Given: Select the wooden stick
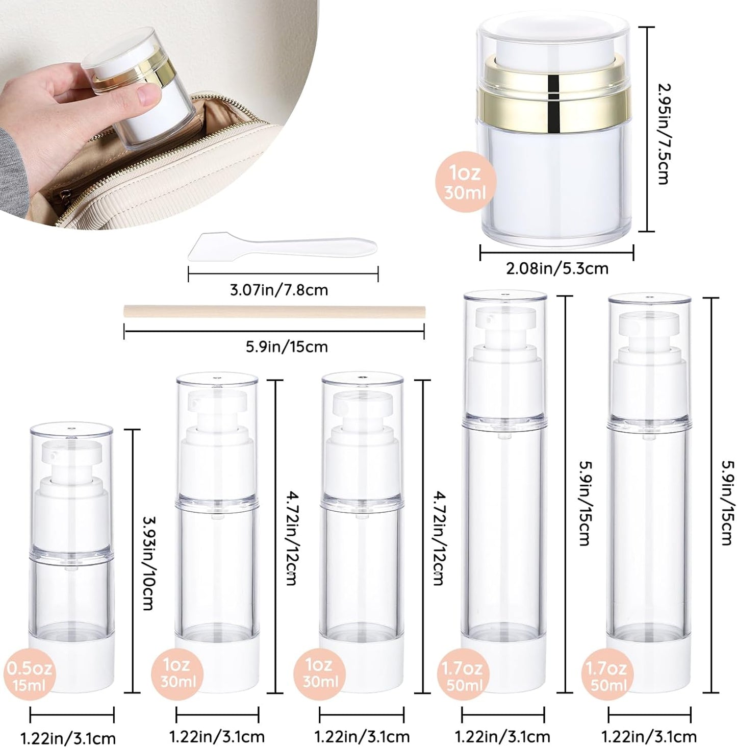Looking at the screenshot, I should coord(274,311).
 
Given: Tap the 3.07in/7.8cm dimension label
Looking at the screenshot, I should coord(278,290).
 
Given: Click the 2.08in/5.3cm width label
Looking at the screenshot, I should coord(557,268).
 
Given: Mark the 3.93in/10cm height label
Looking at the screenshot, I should coord(147,563).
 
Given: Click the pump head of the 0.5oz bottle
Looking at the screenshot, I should coord(71,455).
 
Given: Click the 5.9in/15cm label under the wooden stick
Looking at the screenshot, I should coord(287,347).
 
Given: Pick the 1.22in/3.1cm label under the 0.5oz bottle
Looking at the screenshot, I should coord(68,738).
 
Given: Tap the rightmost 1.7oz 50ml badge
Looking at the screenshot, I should coord(606,676).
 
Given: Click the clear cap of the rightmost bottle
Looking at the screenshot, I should coord(649,357).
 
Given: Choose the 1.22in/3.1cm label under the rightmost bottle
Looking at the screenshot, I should coord(649,737).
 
